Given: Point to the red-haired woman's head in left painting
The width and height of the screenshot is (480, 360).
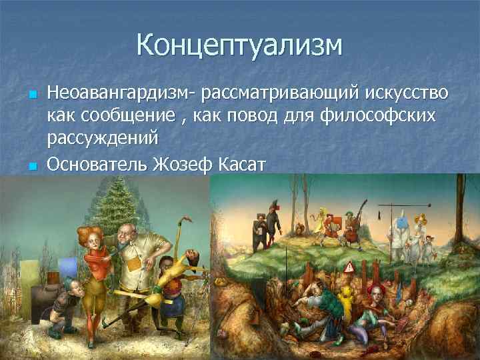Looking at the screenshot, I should coord(91,237).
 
